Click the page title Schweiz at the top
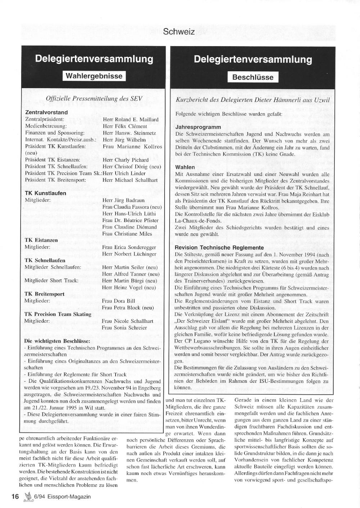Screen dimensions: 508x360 tap(179, 32)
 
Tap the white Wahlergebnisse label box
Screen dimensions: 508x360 tap(94, 76)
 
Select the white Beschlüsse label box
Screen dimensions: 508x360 tap(253, 77)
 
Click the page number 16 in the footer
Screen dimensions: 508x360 tap(15, 496)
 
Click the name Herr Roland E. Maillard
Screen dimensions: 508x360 tap(130, 119)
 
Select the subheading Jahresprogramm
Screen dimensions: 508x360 tap(198, 127)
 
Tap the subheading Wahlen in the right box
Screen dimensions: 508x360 tap(185, 167)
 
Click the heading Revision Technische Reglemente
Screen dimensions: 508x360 tap(219, 248)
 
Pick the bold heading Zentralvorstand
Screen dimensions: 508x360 tap(46, 112)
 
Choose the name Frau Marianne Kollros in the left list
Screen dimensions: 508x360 tap(132, 146)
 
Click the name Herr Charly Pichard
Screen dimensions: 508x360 tap(125, 160)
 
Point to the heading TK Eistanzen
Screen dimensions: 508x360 tap(41, 240)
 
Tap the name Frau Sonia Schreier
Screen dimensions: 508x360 tap(124, 328)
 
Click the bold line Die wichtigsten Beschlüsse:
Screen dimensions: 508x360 tap(57, 341)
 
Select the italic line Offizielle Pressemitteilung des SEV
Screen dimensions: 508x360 tap(94, 99)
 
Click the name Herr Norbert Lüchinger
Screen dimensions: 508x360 tap(129, 254)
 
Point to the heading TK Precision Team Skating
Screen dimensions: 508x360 tap(58, 314)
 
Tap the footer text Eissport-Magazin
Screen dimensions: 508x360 tap(71, 496)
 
